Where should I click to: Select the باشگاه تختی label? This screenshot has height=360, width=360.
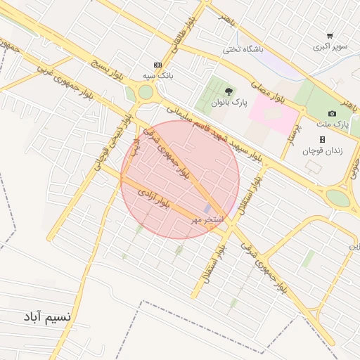coord(242,49)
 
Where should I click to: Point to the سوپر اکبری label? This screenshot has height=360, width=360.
coord(330,47)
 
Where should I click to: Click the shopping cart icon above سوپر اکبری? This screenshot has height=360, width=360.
coord(330,36)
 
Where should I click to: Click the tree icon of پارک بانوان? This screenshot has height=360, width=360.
coord(228,91)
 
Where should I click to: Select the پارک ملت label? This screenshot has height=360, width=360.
coord(336,124)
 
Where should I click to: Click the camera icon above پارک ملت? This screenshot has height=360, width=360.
coord(332,114)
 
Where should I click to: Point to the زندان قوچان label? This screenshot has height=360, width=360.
coord(321,150)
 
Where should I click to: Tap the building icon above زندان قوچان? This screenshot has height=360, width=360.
coord(322,139)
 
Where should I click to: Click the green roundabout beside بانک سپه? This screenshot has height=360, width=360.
coord(146,92)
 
